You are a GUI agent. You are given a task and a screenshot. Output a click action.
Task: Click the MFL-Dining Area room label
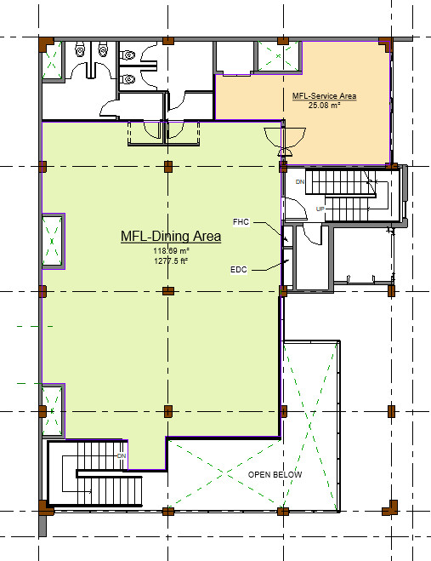(171, 236)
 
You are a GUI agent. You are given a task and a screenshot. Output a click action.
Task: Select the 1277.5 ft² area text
(171, 260)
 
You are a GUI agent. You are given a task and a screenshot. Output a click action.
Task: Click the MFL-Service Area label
(324, 96)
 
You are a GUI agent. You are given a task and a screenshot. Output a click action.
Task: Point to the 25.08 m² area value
(324, 106)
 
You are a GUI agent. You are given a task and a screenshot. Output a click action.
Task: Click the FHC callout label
(241, 222)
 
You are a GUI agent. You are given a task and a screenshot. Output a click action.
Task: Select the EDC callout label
(239, 269)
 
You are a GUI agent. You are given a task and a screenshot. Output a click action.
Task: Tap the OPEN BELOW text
(275, 475)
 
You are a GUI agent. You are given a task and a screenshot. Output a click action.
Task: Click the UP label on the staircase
(320, 209)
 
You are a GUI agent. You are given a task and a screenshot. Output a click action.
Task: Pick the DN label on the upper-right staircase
(300, 182)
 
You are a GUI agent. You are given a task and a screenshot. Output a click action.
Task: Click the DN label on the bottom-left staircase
(122, 455)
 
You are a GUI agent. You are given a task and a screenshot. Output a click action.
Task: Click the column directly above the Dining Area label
(168, 166)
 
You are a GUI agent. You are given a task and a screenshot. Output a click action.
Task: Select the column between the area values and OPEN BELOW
(168, 291)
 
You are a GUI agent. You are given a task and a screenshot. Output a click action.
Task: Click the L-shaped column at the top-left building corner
(46, 44)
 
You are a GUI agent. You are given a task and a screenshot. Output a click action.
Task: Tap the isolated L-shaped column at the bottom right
(390, 508)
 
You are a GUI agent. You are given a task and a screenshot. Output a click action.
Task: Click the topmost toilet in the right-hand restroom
(128, 55)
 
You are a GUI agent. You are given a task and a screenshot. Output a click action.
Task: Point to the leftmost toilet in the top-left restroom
(79, 50)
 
